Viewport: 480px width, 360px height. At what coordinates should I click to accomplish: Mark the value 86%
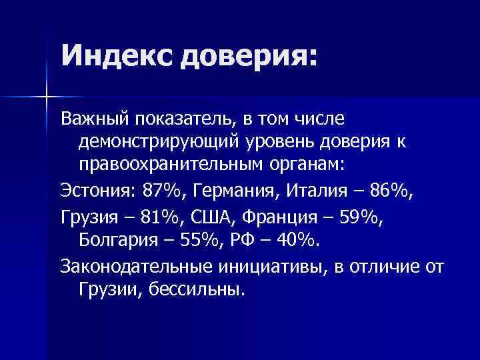click(387, 192)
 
